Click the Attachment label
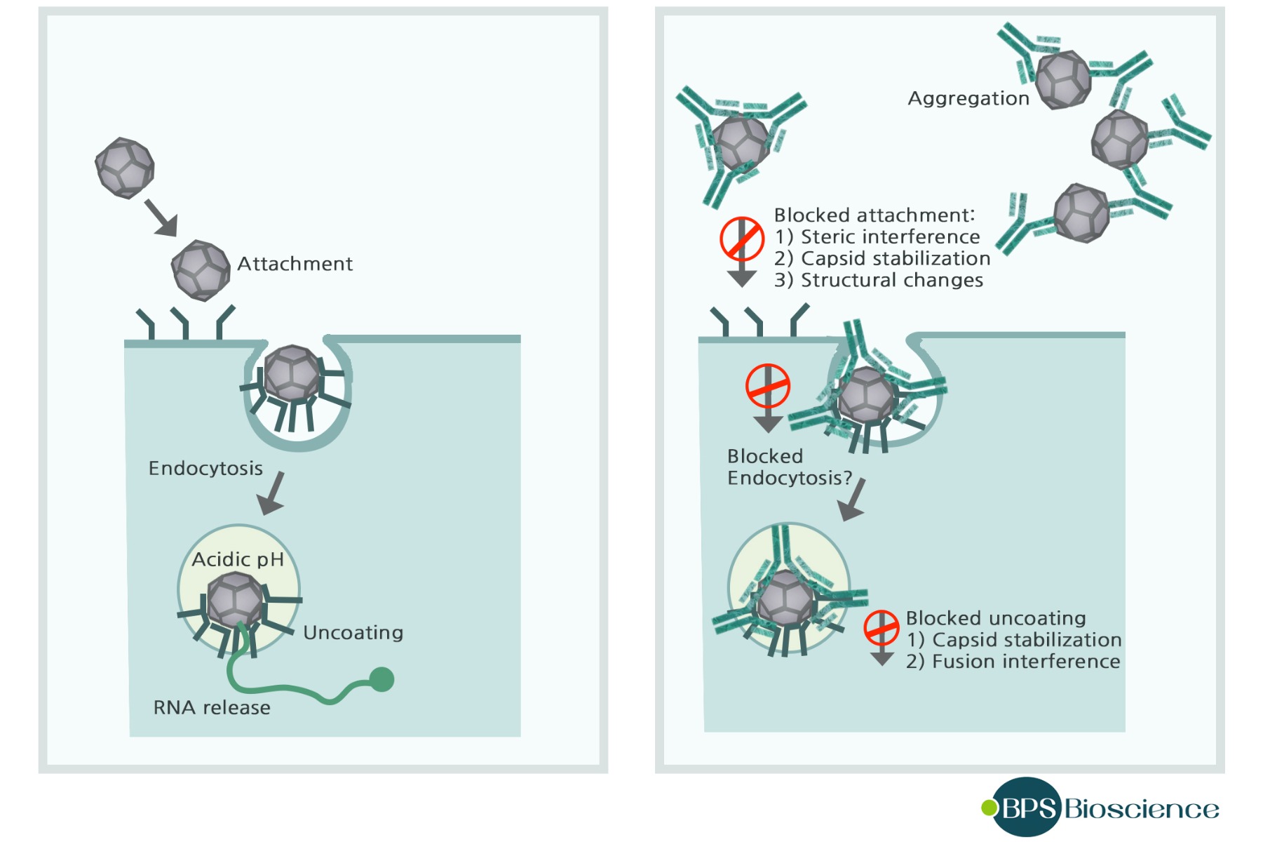pos(295,264)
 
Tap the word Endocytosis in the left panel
pos(205,468)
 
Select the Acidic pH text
pos(238,559)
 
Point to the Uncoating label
pos(353,633)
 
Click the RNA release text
pos(212,707)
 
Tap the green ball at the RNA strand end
pos(381,679)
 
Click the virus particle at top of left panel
pos(125,168)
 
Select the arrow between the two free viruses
pos(161,218)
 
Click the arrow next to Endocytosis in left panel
pos(272,493)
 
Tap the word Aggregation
pos(968,98)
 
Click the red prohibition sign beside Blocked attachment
pos(741,239)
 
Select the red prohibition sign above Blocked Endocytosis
pos(767,386)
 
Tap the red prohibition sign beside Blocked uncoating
pos(881,628)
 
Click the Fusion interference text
pos(1013,662)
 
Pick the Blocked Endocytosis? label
pos(789,467)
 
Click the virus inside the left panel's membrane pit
pos(292,373)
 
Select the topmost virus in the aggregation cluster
pos(1063,79)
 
